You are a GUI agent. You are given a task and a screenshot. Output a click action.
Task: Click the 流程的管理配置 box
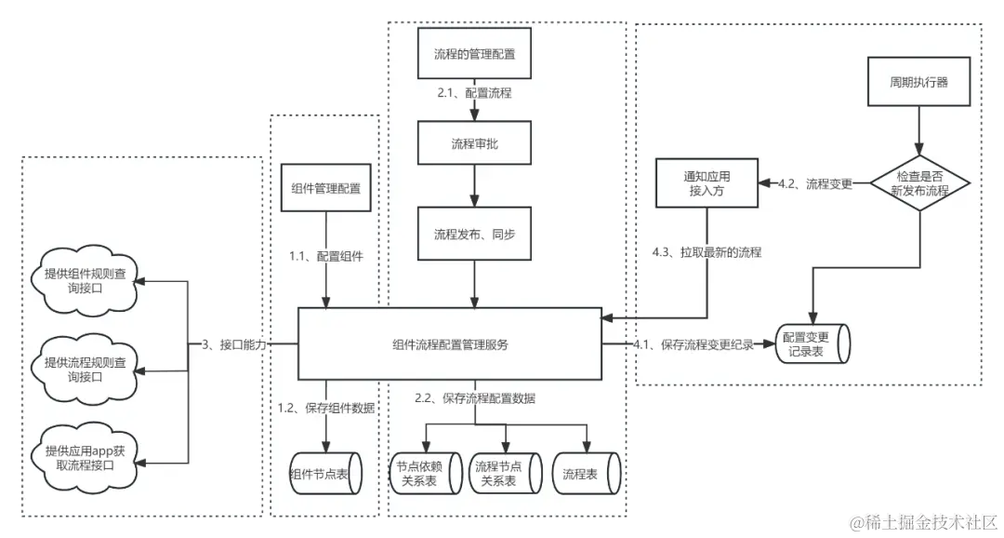coord(474,54)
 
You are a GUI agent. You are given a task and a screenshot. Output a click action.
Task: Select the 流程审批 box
coord(474,144)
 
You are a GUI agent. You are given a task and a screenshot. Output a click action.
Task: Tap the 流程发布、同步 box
coord(474,235)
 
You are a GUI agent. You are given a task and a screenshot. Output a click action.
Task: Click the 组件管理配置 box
coord(325,189)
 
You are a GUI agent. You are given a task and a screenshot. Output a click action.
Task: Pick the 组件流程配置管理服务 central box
coord(450,344)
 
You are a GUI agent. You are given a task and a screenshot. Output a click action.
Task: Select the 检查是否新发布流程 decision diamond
coord(920,183)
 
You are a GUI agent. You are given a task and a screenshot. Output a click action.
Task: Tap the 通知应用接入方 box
coord(707,182)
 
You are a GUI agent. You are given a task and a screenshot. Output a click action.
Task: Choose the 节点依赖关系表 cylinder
coord(424,474)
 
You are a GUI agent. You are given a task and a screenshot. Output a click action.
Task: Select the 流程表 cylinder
coord(586,474)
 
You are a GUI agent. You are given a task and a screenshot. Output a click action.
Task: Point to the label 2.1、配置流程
coord(474,94)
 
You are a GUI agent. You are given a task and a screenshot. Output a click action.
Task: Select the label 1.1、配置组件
coord(326,256)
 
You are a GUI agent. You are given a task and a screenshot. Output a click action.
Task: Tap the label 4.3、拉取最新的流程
coord(707,252)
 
